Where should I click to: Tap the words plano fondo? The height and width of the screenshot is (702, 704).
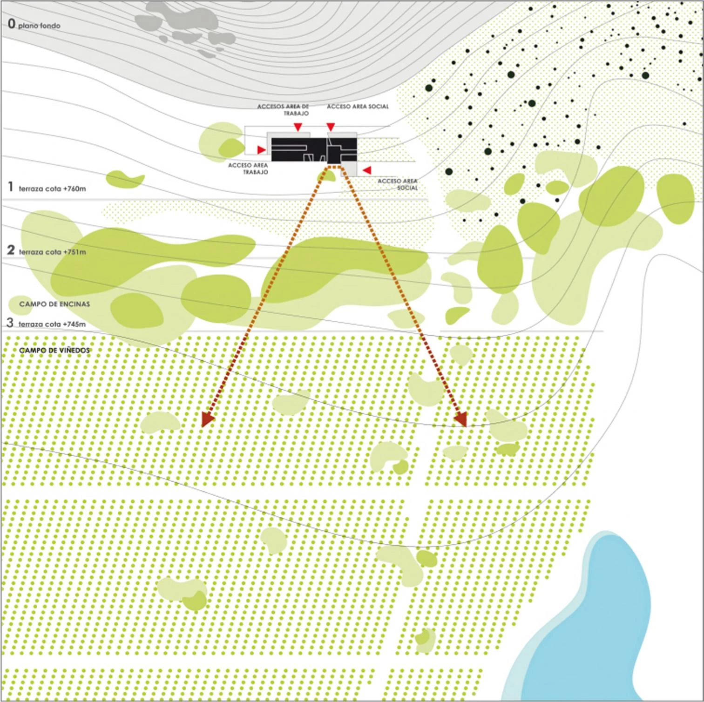tap(40, 26)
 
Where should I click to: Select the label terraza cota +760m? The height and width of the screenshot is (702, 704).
tap(53, 189)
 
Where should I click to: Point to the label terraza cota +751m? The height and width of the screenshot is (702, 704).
tap(53, 252)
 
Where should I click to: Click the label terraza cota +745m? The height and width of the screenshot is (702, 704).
tap(52, 324)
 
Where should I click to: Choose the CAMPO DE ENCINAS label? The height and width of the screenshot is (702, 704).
tap(55, 304)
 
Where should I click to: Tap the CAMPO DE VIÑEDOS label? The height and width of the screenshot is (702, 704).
tap(54, 350)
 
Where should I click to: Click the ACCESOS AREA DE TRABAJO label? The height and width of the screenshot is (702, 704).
tap(283, 110)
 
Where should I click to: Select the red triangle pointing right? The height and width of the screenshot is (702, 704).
tap(262, 149)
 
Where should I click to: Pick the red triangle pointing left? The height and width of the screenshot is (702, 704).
tap(367, 170)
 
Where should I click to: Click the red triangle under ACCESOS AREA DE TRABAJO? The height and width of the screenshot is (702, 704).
tap(298, 127)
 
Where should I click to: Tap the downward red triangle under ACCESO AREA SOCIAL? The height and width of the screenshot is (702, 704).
tap(331, 127)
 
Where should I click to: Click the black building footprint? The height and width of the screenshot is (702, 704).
tap(314, 150)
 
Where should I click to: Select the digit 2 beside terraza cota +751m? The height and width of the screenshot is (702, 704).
tap(11, 250)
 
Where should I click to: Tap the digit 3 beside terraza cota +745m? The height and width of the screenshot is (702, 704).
tap(10, 322)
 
